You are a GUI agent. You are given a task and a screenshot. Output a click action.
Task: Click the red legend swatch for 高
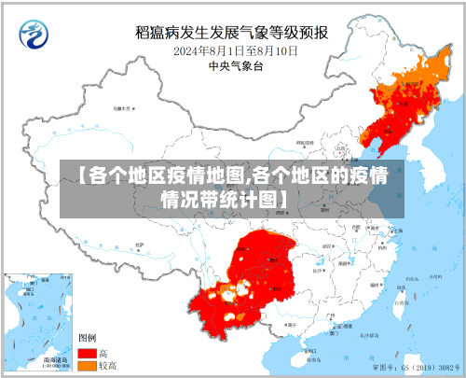pos(87,354)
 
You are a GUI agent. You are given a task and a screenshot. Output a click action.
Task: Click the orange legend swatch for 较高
pos(87,366)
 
